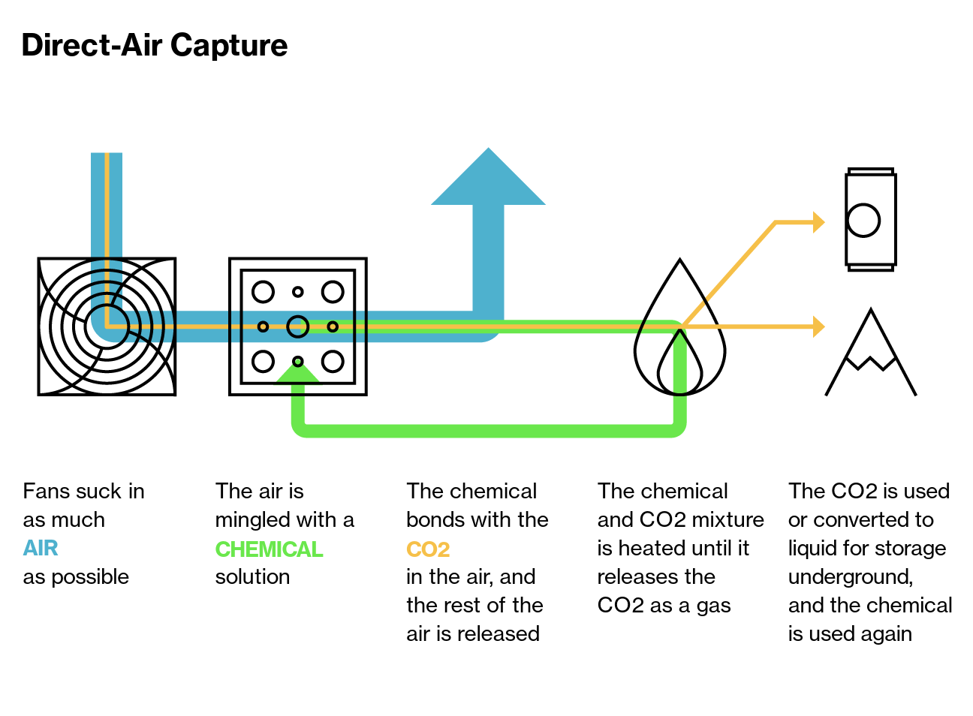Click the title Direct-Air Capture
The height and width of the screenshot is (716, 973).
click(x=155, y=46)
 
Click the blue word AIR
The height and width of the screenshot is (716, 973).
click(x=41, y=549)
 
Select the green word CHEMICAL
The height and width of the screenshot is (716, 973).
click(x=270, y=549)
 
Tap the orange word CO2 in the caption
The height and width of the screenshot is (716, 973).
click(x=428, y=549)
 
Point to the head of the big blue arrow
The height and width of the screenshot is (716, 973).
click(x=488, y=178)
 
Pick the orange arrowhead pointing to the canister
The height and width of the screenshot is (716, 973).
click(x=819, y=222)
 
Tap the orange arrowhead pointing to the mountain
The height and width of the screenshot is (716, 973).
click(x=819, y=326)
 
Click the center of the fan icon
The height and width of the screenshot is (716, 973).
click(x=107, y=326)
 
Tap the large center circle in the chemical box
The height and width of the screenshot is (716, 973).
click(x=298, y=316)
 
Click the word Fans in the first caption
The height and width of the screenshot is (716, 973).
click(x=47, y=492)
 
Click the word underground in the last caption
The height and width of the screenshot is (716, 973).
click(x=851, y=577)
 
